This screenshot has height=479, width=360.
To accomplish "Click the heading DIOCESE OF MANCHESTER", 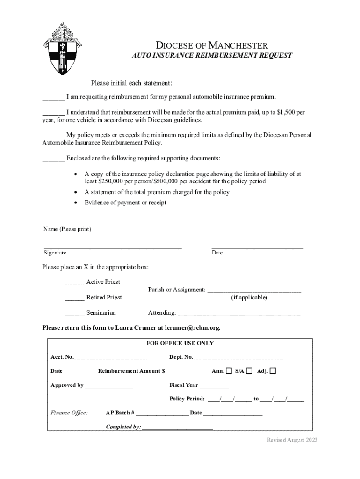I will pos(212,45).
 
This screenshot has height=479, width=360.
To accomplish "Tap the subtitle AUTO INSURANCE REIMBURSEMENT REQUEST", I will pos(212,55).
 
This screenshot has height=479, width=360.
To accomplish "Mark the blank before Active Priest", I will pos(75,283).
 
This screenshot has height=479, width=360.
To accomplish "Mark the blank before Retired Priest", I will pos(75,298).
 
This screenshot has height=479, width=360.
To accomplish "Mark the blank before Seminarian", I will pos(75,313).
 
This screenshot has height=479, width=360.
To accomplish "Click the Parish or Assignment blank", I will pos(254,290).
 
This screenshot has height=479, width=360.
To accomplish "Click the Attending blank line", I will pos(239,313).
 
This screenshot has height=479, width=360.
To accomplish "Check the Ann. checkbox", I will pos(229,371).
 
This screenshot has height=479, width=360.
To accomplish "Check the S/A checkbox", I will pos(249,371).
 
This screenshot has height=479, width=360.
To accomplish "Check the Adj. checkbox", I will pos(273,371).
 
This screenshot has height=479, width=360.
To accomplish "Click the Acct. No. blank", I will pos(110,358).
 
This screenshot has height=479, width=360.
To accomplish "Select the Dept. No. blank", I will pos(238,358).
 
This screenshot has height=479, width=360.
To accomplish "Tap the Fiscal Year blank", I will pos(214,386).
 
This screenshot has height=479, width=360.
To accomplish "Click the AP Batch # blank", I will pos(162,414).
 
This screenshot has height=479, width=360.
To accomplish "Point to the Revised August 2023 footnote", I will pos(292,440).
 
